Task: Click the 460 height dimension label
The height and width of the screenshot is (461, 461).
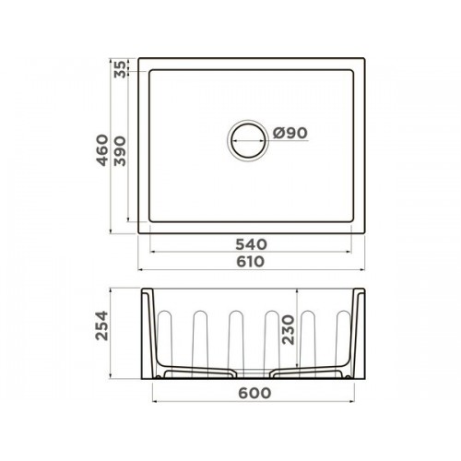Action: [102, 150]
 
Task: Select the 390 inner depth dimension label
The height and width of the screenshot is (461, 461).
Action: [120, 151]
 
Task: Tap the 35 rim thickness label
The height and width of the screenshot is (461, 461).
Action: [120, 69]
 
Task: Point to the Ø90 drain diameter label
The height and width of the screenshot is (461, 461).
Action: [290, 133]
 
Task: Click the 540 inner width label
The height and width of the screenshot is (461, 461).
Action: [252, 244]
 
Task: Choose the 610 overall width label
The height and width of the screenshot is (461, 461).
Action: [251, 262]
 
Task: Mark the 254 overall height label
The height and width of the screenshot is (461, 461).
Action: [102, 325]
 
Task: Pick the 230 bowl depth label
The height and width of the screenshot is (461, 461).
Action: [289, 330]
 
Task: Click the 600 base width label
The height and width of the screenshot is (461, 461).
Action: [254, 393]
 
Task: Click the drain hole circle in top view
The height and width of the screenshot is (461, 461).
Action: [248, 123]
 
